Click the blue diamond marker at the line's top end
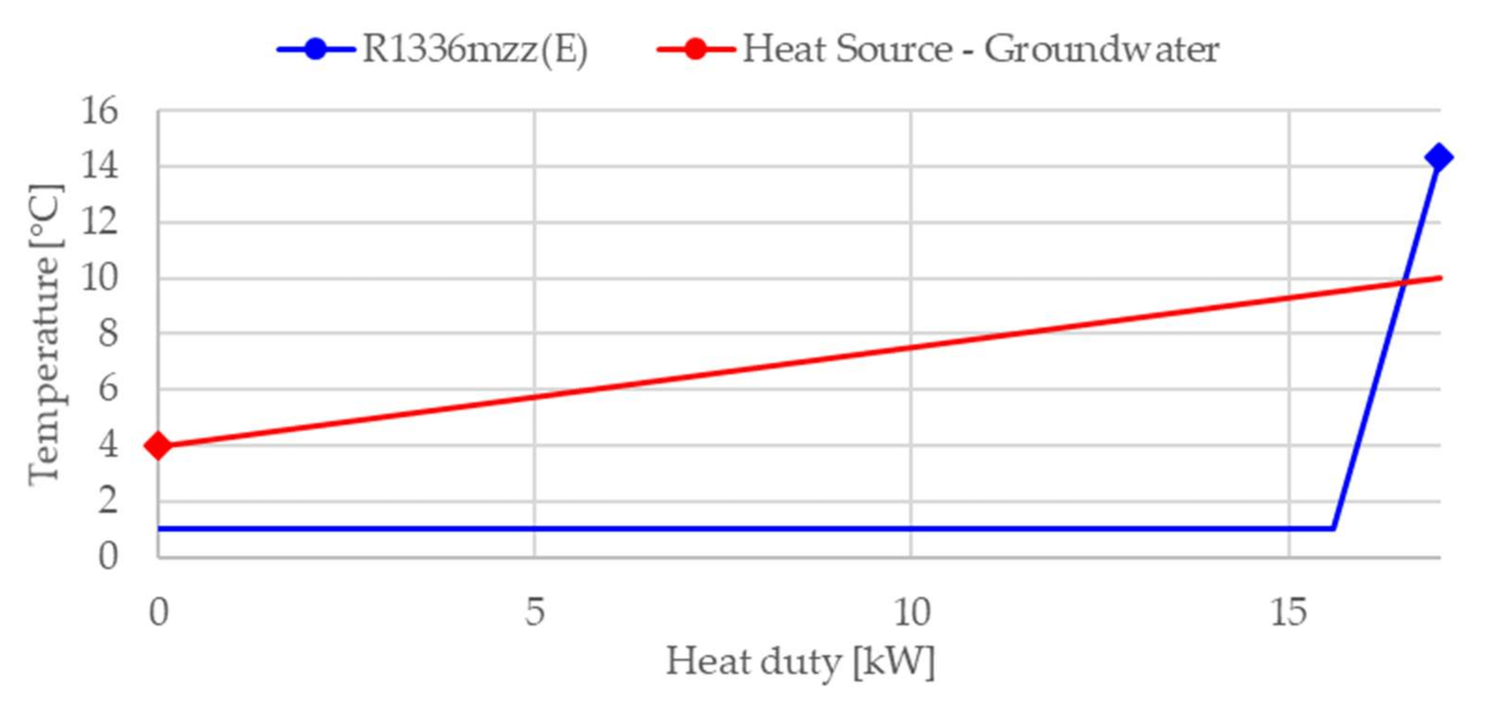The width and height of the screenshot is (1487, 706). click(1438, 157)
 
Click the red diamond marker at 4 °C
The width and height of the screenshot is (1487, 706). click(158, 445)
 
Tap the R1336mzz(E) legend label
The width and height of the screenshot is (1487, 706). click(474, 49)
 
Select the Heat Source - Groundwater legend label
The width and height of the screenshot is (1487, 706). click(980, 49)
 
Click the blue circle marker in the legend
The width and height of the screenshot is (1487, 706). click(316, 49)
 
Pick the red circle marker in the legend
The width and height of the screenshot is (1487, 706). click(696, 49)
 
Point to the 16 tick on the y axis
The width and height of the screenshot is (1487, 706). click(99, 111)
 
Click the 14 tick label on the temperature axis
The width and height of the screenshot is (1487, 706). click(99, 166)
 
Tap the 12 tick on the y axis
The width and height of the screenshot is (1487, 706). click(99, 221)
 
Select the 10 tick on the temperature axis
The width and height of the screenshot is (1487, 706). click(99, 278)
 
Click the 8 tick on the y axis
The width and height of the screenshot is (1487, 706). click(107, 333)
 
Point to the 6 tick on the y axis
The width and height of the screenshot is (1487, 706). click(107, 389)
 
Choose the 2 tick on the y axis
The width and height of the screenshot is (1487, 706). click(107, 500)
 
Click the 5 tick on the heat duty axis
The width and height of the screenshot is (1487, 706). click(535, 612)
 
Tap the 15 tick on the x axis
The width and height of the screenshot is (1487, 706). click(1288, 612)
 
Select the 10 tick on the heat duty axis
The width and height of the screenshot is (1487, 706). click(912, 612)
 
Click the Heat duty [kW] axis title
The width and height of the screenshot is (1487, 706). click(800, 662)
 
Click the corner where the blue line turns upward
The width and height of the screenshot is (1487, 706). click(1333, 528)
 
